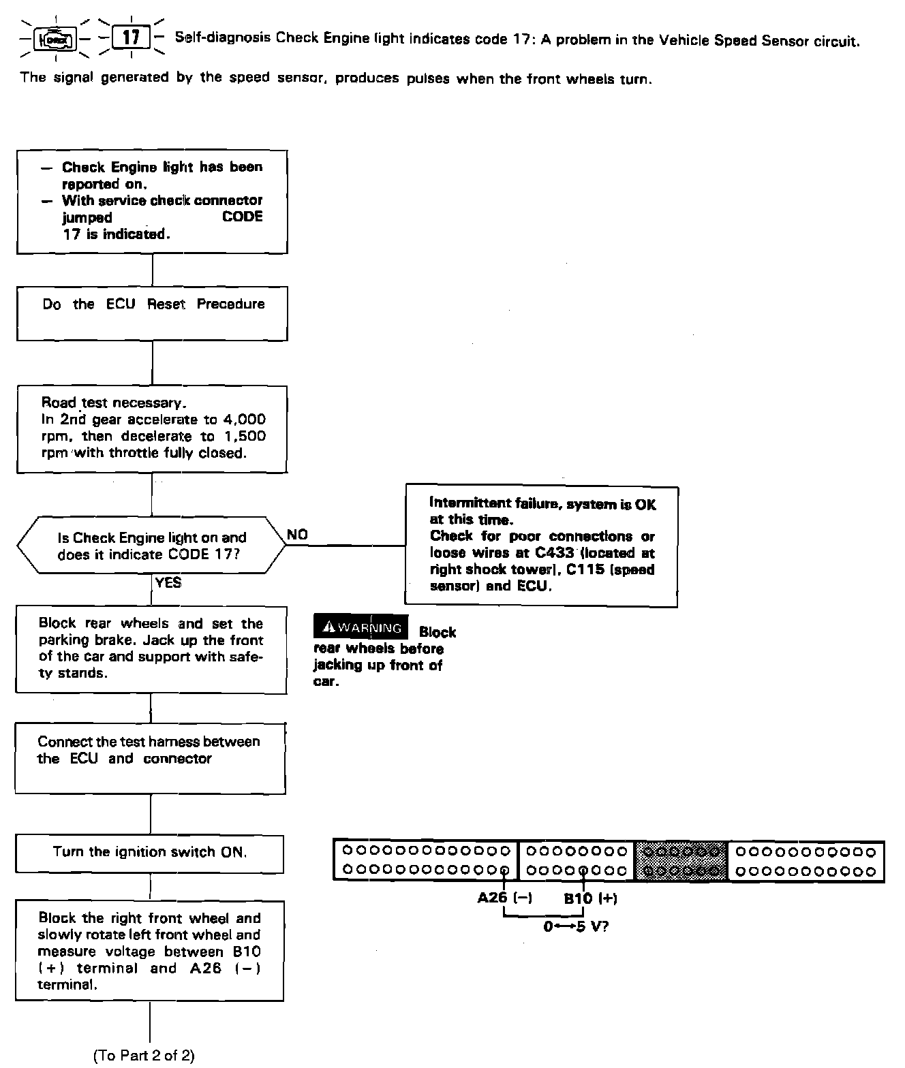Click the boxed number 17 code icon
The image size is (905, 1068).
coord(130,37)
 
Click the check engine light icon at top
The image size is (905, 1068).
coord(56,38)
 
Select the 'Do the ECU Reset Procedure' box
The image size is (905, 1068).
coord(152,313)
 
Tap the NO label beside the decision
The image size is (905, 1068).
coord(298,535)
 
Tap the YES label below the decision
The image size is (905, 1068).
coord(168,582)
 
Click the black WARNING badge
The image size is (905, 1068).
coord(361,627)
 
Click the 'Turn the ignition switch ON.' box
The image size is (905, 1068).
coord(150,852)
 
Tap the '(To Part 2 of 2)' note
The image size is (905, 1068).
coord(144,1055)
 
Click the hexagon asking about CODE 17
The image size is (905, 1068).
coord(151,546)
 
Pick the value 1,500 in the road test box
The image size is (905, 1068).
coord(245,436)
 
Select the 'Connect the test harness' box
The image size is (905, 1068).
coord(150,758)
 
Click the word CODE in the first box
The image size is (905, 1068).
coord(243,217)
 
